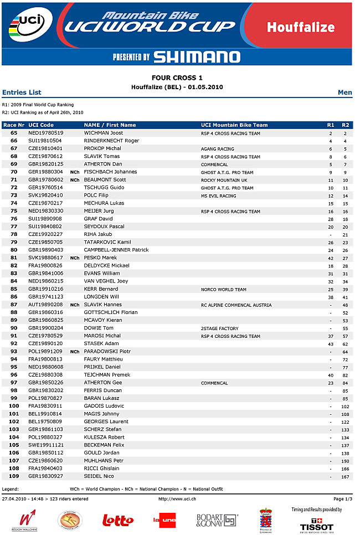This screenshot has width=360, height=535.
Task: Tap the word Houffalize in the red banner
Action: click(x=301, y=27)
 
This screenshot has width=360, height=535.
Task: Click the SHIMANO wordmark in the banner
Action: click(x=197, y=56)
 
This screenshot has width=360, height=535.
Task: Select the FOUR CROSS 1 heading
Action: click(x=177, y=78)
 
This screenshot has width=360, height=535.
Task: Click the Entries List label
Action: click(x=22, y=92)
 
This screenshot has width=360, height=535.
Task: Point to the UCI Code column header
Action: click(x=41, y=125)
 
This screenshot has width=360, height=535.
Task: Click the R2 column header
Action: click(x=346, y=125)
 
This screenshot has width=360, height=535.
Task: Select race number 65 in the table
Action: click(x=14, y=133)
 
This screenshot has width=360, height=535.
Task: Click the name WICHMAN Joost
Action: click(x=104, y=133)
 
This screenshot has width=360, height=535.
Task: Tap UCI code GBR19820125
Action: click(x=46, y=164)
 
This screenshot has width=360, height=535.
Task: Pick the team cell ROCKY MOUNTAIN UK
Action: click(x=224, y=180)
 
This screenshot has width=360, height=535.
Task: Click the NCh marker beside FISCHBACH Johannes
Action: click(x=75, y=172)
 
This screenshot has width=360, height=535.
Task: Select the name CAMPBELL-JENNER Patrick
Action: click(x=116, y=250)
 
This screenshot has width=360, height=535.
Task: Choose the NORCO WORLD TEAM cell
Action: click(x=224, y=289)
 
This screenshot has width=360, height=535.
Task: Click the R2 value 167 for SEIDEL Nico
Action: click(x=346, y=477)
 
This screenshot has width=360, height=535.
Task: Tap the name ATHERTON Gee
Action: click(x=103, y=383)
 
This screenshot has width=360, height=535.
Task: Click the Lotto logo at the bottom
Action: click(x=118, y=520)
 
